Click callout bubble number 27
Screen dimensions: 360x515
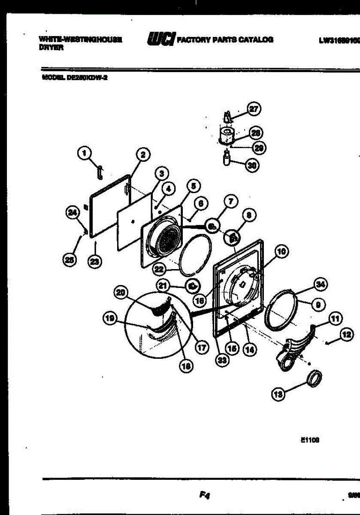click(254, 109)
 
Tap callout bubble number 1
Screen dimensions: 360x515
click(85, 152)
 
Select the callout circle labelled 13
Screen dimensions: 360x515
click(278, 394)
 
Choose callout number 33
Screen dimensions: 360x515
click(221, 360)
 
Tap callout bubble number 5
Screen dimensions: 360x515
click(193, 186)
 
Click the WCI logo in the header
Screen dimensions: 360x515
click(160, 39)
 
